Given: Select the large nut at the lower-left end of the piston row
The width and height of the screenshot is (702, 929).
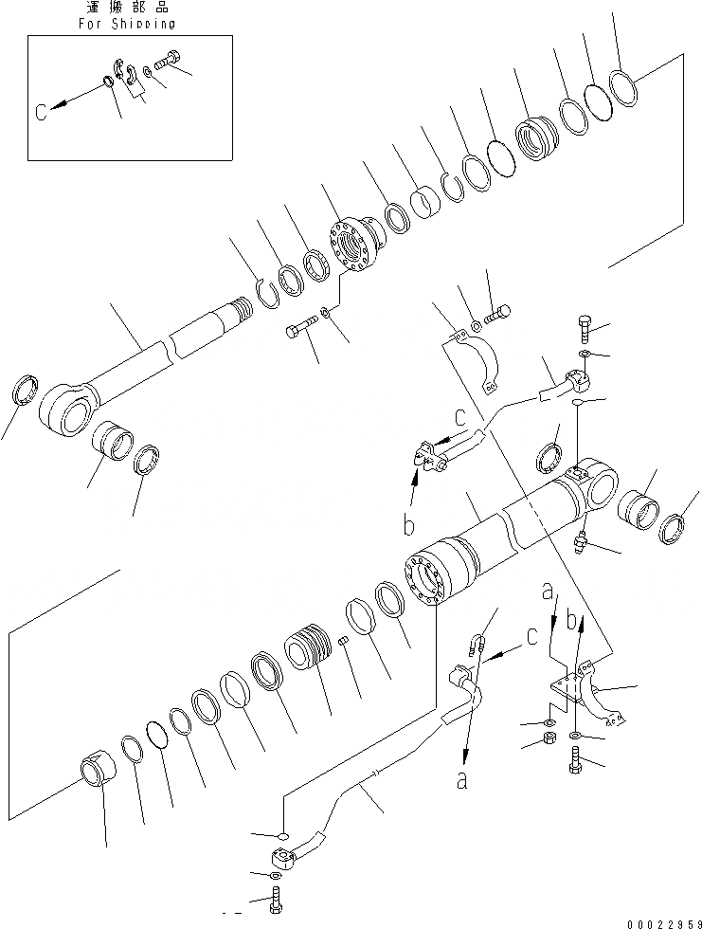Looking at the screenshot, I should click(x=99, y=768).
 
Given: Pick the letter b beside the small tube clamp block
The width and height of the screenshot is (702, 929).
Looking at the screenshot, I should click(x=409, y=522).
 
